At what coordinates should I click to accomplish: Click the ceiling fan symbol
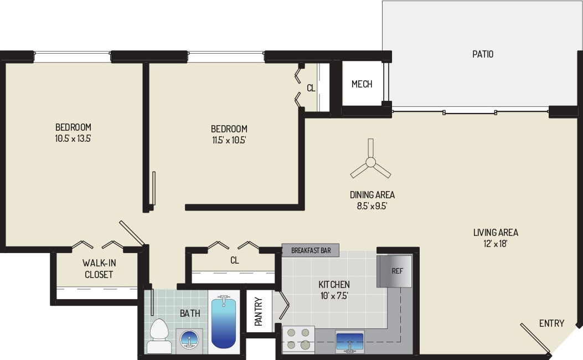point(370,162)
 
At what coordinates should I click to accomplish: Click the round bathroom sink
point(189,339)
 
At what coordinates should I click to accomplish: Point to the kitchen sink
point(350,342)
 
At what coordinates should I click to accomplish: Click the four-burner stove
point(298,339)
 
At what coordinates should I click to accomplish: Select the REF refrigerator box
point(394,271)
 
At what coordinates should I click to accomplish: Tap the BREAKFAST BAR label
point(311,250)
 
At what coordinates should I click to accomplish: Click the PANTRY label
point(259,311)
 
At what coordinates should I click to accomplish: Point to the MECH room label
point(362,84)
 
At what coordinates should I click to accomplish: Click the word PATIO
point(483,54)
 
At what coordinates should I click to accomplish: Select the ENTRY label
point(551,323)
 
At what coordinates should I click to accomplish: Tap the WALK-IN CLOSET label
point(99,269)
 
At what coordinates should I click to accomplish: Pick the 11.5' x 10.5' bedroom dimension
point(229,140)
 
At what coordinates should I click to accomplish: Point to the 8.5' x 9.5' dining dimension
point(372,205)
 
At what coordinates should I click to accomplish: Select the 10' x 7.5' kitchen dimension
point(334,295)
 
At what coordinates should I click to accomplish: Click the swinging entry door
point(534,338)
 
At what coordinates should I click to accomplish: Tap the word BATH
point(189,313)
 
